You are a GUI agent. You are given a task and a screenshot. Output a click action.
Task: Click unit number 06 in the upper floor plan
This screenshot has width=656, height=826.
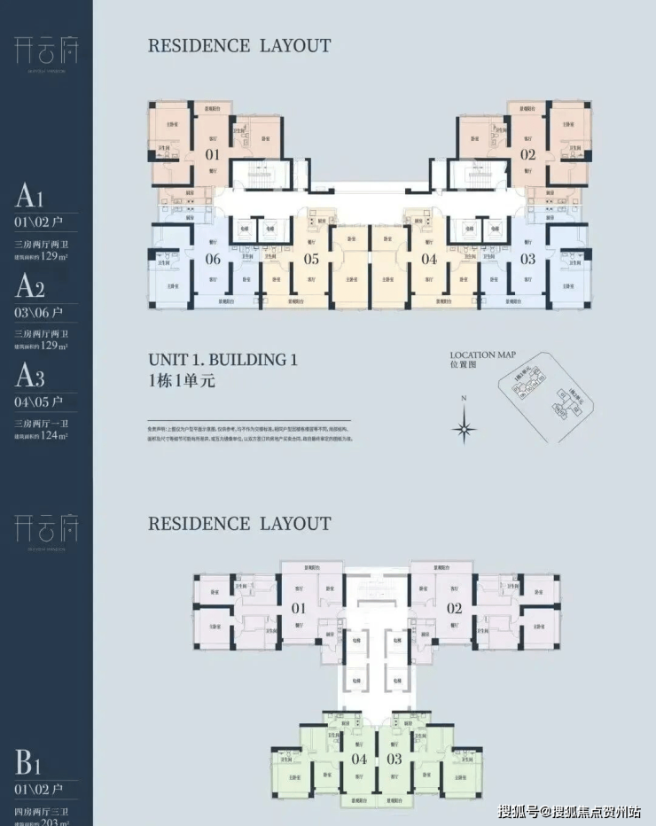coord(213,260)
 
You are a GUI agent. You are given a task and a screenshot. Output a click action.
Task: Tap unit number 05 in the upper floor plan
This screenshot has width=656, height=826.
coord(311,260)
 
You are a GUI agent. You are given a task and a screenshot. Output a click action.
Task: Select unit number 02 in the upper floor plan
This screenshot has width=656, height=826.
coord(528,154)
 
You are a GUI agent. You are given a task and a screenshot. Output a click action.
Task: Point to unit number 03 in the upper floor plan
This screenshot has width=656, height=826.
coord(528,260)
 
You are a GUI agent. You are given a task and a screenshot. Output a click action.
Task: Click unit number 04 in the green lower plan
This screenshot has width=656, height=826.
coord(359,759)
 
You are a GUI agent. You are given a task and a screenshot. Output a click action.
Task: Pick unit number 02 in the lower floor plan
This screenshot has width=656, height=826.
coord(455,609)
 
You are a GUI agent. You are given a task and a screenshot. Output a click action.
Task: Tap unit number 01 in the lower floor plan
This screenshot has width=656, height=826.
coord(299,609)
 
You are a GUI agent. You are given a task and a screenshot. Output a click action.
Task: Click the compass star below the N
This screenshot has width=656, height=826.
coord(464,431)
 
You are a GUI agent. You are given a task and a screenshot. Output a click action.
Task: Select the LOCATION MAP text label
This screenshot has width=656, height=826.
coord(483,355)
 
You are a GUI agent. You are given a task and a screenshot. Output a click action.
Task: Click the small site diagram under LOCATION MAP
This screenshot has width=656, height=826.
coord(543,394)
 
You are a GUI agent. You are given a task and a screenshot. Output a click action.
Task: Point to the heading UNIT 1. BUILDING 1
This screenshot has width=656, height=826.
coord(223,360)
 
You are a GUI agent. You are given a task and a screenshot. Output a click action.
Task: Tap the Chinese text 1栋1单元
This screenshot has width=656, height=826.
coord(182,382)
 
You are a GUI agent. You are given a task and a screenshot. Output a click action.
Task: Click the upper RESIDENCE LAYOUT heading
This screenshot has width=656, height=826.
coord(239,45)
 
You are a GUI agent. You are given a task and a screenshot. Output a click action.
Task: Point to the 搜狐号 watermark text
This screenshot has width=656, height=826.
coord(519,812)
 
